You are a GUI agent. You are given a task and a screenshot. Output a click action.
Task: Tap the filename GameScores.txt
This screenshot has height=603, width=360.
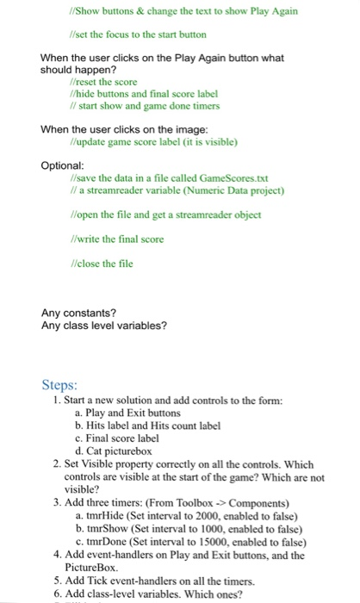(x=212, y=177)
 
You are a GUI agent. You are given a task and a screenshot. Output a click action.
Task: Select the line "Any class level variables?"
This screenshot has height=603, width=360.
(x=104, y=326)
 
